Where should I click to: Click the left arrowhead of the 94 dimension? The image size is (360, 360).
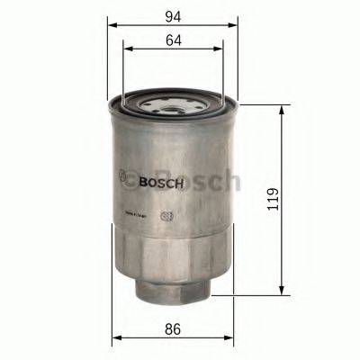112,27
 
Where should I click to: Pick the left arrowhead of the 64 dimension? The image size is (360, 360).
127,53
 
